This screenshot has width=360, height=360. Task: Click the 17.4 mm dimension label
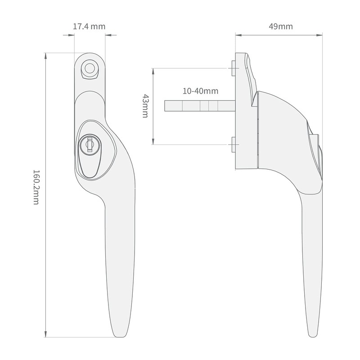(89, 26)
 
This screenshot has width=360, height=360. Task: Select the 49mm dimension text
(280, 26)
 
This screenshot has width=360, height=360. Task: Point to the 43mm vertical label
(145, 106)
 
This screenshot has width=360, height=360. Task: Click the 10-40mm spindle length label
(200, 91)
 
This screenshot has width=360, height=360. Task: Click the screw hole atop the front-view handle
(90, 68)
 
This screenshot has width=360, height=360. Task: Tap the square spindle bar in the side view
(198, 106)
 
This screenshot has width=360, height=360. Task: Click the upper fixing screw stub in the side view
(232, 68)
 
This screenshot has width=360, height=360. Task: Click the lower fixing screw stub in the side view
(232, 144)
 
